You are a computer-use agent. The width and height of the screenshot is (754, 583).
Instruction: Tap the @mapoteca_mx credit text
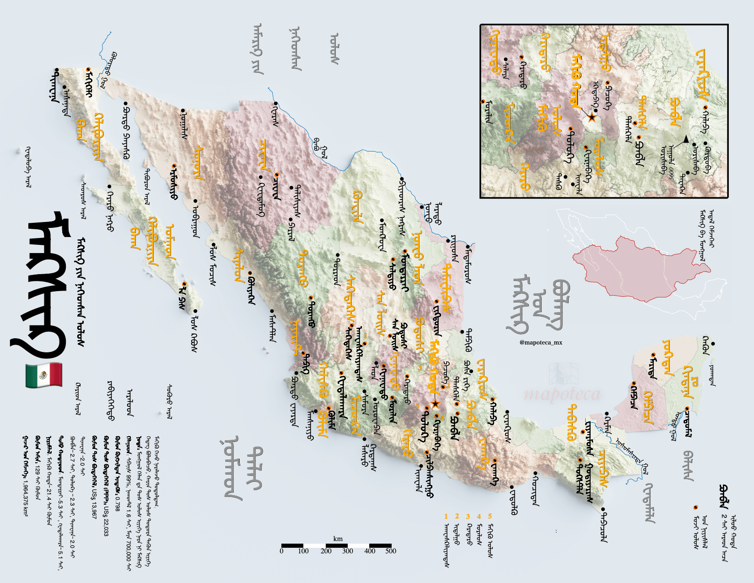click(x=541, y=342)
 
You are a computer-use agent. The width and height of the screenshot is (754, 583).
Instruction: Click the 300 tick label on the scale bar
click(x=348, y=551)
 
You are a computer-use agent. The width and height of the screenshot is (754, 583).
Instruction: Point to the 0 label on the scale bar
click(x=281, y=551)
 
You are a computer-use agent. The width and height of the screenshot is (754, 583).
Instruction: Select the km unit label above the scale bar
click(x=338, y=539)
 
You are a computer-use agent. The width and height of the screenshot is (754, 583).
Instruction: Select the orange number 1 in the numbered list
click(x=446, y=516)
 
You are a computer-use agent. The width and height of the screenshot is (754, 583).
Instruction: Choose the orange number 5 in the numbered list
click(x=490, y=516)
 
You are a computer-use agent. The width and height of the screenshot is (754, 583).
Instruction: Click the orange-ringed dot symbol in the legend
click(x=695, y=507)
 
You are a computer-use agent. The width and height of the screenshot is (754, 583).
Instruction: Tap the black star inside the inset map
click(x=592, y=118)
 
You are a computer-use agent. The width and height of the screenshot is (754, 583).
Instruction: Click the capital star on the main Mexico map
click(x=435, y=404)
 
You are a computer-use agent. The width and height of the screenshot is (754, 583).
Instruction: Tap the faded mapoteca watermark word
click(x=562, y=394)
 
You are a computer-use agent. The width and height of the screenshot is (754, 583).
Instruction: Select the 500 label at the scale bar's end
click(x=390, y=551)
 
